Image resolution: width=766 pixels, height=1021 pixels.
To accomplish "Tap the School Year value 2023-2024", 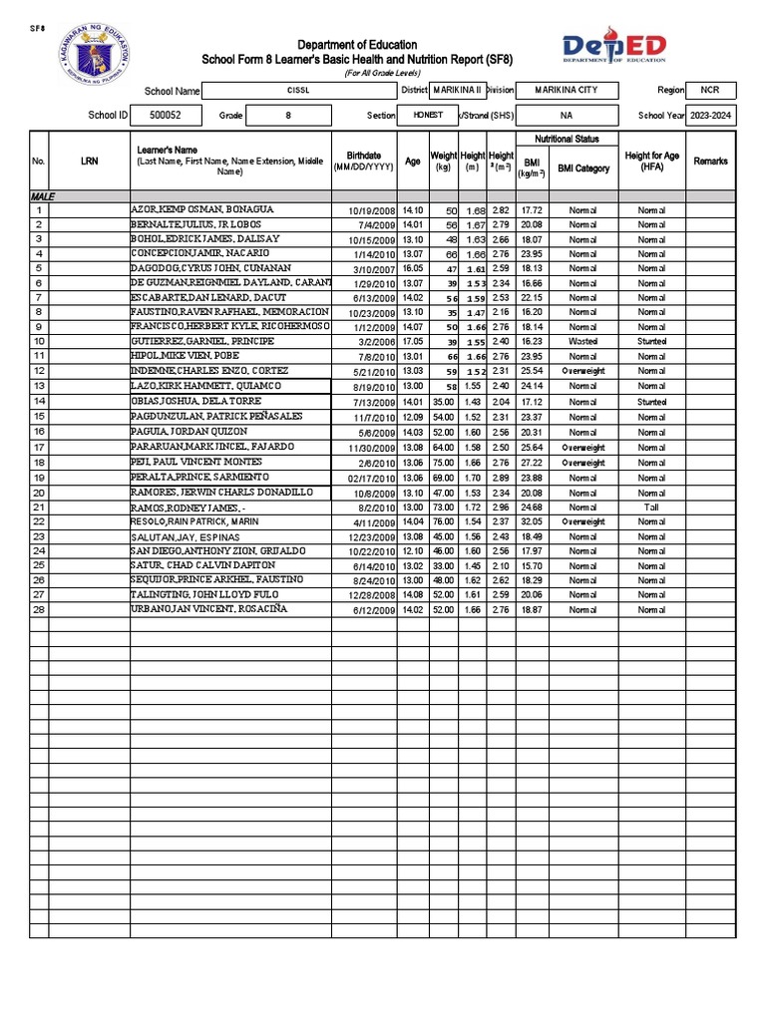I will [710, 116].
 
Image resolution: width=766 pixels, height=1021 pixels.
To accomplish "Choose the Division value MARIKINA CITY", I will [566, 90].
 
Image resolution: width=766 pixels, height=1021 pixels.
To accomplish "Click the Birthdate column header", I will [363, 162].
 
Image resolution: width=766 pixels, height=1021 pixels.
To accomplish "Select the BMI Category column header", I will [582, 169].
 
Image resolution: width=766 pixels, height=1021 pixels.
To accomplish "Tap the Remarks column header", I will [710, 162].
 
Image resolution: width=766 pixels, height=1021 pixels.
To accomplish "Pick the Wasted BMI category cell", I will [582, 341].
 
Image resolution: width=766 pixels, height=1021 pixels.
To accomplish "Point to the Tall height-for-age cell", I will [651, 508].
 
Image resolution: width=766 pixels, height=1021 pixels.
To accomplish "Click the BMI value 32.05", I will [531, 521].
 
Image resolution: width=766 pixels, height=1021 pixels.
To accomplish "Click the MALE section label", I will [42, 198].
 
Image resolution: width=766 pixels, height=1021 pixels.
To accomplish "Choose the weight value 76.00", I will [443, 521].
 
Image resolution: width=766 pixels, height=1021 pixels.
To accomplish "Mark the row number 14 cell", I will [39, 401].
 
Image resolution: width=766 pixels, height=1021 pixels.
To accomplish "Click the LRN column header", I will [89, 162].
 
